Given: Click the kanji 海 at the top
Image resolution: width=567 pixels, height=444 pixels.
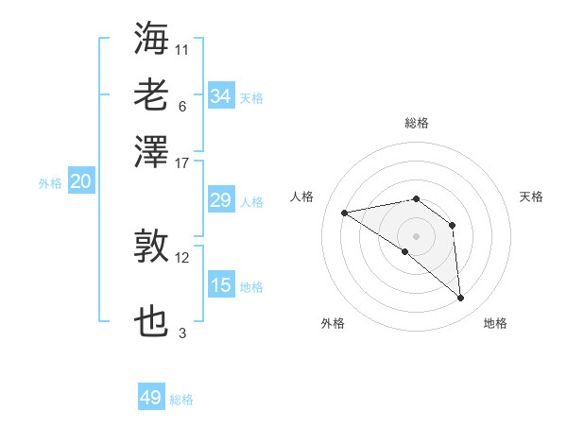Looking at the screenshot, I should click(152, 39).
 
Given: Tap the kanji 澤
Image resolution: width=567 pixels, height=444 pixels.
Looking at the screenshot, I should click(152, 151).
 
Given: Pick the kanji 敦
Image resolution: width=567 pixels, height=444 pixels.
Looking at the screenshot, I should click(152, 247).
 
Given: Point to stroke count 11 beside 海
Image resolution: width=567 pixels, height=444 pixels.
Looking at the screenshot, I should click(182, 48).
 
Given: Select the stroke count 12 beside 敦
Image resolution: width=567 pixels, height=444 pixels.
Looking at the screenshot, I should click(182, 257).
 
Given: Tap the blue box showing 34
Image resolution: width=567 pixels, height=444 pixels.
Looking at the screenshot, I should click(221, 96).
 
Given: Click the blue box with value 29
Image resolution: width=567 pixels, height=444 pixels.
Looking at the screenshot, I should click(221, 200).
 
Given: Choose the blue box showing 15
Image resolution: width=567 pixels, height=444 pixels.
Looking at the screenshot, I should click(221, 285).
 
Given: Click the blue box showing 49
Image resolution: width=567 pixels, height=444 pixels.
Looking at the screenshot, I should click(151, 398).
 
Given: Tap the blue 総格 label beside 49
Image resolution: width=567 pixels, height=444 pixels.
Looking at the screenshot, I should click(181, 400).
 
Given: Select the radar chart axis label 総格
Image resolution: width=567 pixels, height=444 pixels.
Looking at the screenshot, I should click(417, 123).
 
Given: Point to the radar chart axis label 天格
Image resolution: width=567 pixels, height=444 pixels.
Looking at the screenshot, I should click(532, 196).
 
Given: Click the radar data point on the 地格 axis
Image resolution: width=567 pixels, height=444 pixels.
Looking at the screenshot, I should click(461, 299).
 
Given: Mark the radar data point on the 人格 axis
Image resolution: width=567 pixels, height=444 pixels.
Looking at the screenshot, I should click(344, 213).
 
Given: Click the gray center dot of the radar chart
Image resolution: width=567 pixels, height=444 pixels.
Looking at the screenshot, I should click(417, 235).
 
